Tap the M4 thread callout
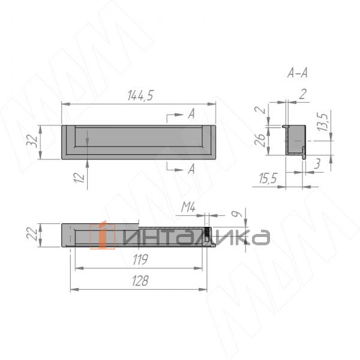click(x=188, y=207)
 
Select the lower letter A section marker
click(x=191, y=169)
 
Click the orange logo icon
click(x=103, y=235)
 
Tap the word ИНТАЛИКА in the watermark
click(x=198, y=237)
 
